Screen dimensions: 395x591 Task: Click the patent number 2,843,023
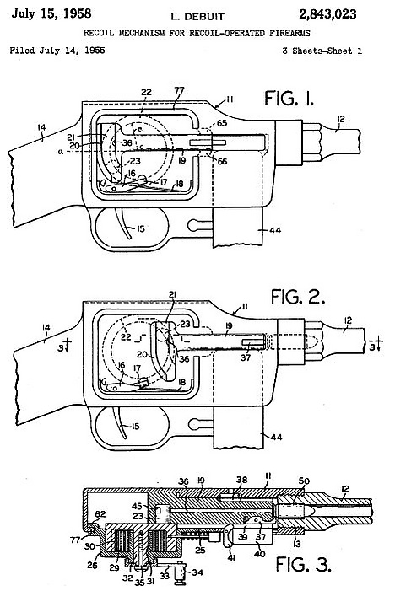tap(327, 14)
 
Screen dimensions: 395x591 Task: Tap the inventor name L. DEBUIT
tap(197, 17)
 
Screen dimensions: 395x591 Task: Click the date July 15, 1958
tap(51, 13)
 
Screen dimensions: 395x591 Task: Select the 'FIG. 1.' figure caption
tap(289, 99)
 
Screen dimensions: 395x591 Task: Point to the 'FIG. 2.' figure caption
tap(298, 297)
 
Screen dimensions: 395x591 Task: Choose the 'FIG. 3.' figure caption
tap(303, 564)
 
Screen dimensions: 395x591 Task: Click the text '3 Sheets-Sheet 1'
tap(322, 51)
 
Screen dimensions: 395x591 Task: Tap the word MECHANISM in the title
tap(142, 33)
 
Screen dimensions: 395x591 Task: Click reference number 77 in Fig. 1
tap(179, 90)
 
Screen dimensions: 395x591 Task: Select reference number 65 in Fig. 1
tap(222, 123)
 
